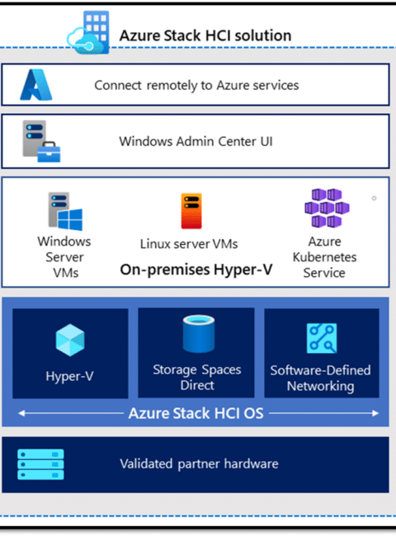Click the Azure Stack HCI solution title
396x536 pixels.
(205, 35)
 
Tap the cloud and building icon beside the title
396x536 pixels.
(88, 32)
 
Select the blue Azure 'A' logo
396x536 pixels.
(36, 85)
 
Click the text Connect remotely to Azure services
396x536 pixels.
(196, 86)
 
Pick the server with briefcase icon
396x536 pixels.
(41, 141)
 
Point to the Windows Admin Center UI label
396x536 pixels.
(196, 141)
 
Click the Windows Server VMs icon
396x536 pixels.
(65, 211)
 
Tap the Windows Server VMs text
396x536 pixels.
(64, 257)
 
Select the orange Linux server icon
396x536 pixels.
(191, 211)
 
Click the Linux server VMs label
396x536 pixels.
(189, 244)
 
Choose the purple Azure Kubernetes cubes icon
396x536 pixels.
(327, 208)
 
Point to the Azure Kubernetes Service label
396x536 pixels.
(324, 257)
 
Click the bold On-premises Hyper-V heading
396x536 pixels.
(196, 270)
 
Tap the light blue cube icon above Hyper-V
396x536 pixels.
(70, 340)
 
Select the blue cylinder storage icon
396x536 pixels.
(199, 334)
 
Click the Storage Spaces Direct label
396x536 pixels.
(197, 378)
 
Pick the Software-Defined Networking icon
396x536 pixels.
(322, 338)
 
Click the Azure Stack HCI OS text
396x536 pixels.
(196, 413)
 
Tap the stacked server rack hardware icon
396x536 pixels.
(40, 464)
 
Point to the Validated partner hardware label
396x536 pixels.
(199, 464)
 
